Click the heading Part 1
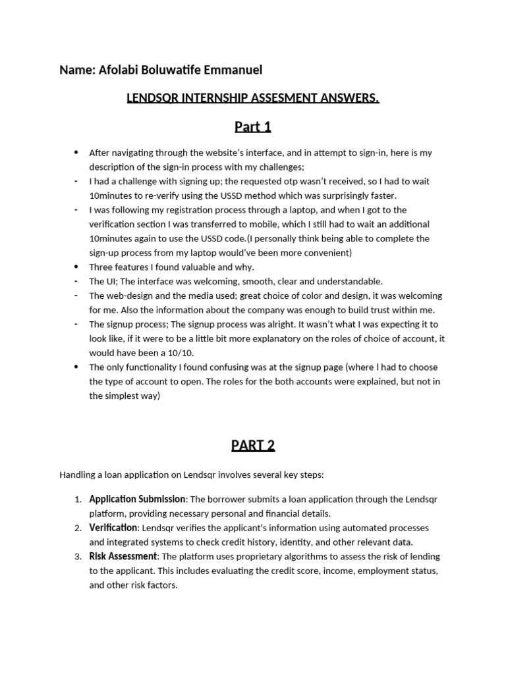coord(252,126)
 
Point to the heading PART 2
coord(252,446)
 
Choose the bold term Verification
coord(113,528)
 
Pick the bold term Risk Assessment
coord(123,556)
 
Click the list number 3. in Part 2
coord(78,556)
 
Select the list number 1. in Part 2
coord(78,499)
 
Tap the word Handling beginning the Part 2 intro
coord(78,475)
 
